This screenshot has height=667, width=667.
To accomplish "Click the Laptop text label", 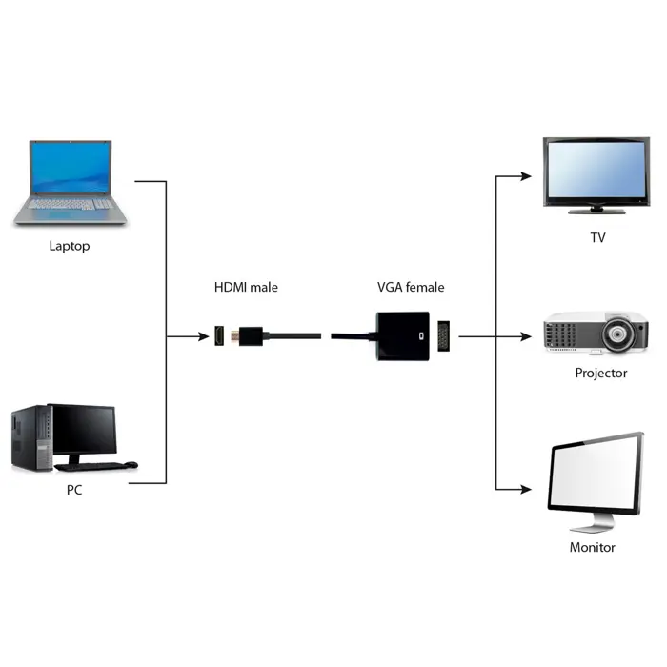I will pyautogui.click(x=69, y=246).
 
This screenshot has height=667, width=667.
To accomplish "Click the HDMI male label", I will pyautogui.click(x=246, y=287).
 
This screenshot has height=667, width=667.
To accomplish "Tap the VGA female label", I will pyautogui.click(x=411, y=287).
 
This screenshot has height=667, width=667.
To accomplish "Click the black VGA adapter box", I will pyautogui.click(x=401, y=335).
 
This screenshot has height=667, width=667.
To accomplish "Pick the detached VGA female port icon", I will pyautogui.click(x=443, y=335).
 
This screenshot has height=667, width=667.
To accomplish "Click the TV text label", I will pyautogui.click(x=597, y=238).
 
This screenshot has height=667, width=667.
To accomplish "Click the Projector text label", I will pyautogui.click(x=600, y=373).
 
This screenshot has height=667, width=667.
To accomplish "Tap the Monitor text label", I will pyautogui.click(x=592, y=547).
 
